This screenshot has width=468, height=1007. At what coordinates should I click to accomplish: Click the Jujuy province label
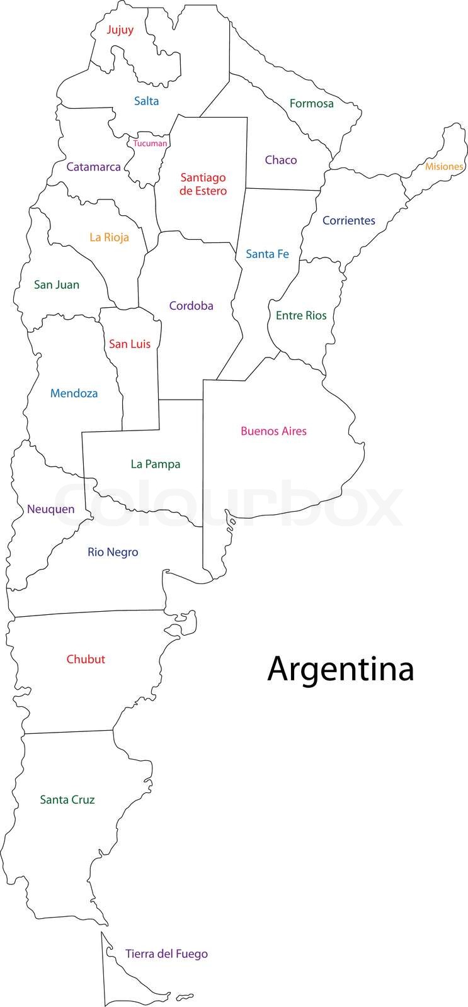[x=120, y=30]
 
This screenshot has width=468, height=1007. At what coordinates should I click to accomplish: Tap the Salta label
[x=146, y=101]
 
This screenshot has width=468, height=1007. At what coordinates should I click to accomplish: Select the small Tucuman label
[x=150, y=143]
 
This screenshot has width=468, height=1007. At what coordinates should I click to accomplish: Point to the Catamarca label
[x=93, y=167]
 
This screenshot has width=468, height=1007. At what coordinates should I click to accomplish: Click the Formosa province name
[x=311, y=103]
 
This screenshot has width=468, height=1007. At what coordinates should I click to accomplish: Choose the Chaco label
[x=280, y=160]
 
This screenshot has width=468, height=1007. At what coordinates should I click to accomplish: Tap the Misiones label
[x=444, y=167]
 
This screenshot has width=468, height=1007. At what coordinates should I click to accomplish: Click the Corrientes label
[x=348, y=220]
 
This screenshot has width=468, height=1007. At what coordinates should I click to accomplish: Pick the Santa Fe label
[x=267, y=254]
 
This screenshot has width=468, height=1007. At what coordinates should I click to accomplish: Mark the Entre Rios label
[x=301, y=315]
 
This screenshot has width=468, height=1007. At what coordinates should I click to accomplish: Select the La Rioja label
[x=109, y=237]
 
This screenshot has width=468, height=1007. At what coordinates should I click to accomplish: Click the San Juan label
[x=57, y=284]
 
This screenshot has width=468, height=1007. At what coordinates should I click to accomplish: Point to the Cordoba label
[x=191, y=306]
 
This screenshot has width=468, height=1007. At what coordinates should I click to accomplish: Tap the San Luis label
[x=130, y=344]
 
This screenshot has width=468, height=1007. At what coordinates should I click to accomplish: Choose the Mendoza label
[x=74, y=393]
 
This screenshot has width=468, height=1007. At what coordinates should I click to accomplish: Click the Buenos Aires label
[x=273, y=431]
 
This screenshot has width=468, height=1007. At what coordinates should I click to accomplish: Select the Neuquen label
[x=50, y=509]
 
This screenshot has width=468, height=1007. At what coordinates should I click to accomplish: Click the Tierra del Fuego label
[x=166, y=954]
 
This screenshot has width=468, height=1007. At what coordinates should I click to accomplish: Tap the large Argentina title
[x=341, y=669]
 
